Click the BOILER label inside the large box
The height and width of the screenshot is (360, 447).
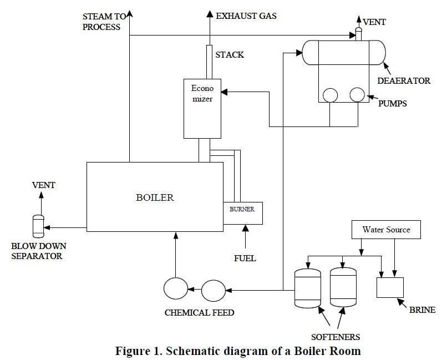click(x=155, y=197)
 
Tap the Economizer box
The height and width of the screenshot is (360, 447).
click(x=202, y=108)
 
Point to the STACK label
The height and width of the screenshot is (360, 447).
click(x=230, y=55)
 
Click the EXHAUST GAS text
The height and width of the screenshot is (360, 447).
click(x=246, y=16)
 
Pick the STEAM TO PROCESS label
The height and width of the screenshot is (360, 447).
click(x=102, y=22)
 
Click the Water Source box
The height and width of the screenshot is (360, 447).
click(x=387, y=230)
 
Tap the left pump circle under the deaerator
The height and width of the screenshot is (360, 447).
click(x=331, y=95)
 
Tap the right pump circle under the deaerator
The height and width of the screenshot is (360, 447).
click(x=357, y=95)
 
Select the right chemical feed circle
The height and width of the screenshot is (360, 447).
click(x=212, y=290)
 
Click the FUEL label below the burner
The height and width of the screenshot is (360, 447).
click(x=245, y=258)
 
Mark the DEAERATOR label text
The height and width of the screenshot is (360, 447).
click(x=404, y=81)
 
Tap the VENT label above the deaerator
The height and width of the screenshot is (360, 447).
click(x=374, y=22)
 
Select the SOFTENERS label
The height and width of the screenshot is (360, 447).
click(x=335, y=337)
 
